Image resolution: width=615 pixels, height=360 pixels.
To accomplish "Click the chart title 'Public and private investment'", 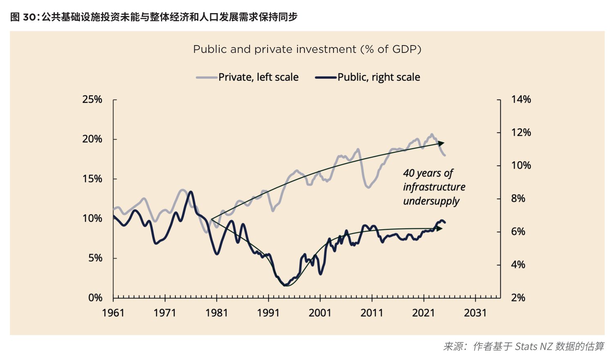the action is (275, 50).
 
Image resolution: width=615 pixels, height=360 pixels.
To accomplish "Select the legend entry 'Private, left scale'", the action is (247, 77).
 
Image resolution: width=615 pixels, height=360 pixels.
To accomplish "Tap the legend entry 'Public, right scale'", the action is (368, 77).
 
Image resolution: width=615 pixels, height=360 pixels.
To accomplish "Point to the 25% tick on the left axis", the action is (115, 100).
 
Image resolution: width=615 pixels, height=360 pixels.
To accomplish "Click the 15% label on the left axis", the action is (92, 179).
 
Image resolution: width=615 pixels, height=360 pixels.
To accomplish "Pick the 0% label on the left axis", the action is (95, 298).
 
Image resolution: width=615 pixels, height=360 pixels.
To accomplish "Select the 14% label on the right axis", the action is (521, 99).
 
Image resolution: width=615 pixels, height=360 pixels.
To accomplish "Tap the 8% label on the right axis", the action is (518, 198).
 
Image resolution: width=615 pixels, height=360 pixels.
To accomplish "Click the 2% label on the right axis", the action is (518, 298).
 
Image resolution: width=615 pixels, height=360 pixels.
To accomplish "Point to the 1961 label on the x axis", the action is (113, 313).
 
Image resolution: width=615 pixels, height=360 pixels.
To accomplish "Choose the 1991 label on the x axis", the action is (268, 313).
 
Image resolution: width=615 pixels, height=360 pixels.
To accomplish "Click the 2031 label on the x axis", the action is (475, 313).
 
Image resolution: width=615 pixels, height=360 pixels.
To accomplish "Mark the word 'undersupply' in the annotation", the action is (431, 201).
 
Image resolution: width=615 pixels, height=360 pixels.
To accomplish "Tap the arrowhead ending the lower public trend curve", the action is (440, 228).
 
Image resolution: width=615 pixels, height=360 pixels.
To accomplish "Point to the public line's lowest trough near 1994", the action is (285, 285).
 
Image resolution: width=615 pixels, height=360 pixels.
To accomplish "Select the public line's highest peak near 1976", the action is (191, 192).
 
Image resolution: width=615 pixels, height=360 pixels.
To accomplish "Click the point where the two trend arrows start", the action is (211, 220).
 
